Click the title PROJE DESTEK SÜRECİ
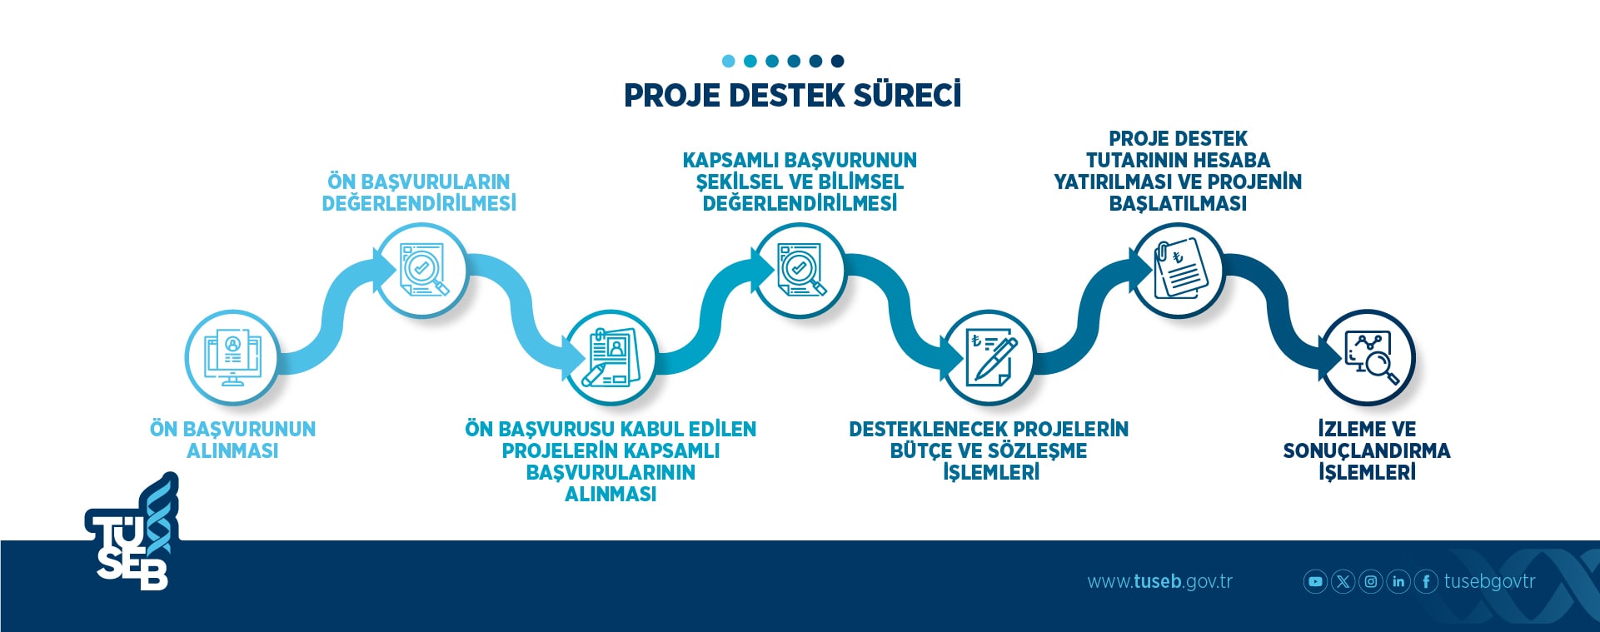click(792, 95)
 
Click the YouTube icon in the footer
click(1315, 581)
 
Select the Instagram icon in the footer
click(1370, 581)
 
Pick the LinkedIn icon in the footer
click(1398, 581)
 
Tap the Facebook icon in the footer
click(1426, 581)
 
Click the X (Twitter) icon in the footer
click(1343, 581)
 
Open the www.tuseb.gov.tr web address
click(1159, 581)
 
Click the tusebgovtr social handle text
click(1489, 581)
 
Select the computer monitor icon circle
click(232, 357)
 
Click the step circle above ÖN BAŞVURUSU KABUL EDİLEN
click(611, 357)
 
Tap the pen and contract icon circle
click(989, 357)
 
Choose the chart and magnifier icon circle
click(1368, 357)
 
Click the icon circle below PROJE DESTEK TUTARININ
click(1178, 270)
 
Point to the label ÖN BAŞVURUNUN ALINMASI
click(232, 440)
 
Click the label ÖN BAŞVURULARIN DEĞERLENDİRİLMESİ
click(419, 192)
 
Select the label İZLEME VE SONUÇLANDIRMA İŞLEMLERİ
click(1367, 450)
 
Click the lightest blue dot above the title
click(729, 61)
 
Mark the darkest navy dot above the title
click(838, 61)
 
